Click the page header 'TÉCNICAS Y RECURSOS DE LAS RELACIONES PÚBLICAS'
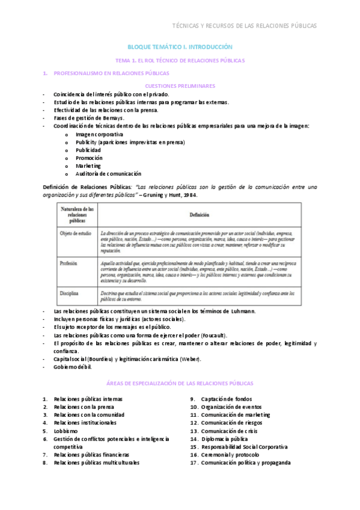tap(244, 26)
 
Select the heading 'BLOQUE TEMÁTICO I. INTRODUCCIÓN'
tap(180, 47)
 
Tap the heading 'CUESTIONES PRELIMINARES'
tap(180, 86)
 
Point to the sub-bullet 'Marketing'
tap(88, 165)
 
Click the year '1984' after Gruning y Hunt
tap(188, 195)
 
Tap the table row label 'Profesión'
tap(68, 263)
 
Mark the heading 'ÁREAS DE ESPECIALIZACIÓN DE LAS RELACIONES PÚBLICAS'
tap(180, 383)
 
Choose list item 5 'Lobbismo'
tap(66, 431)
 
